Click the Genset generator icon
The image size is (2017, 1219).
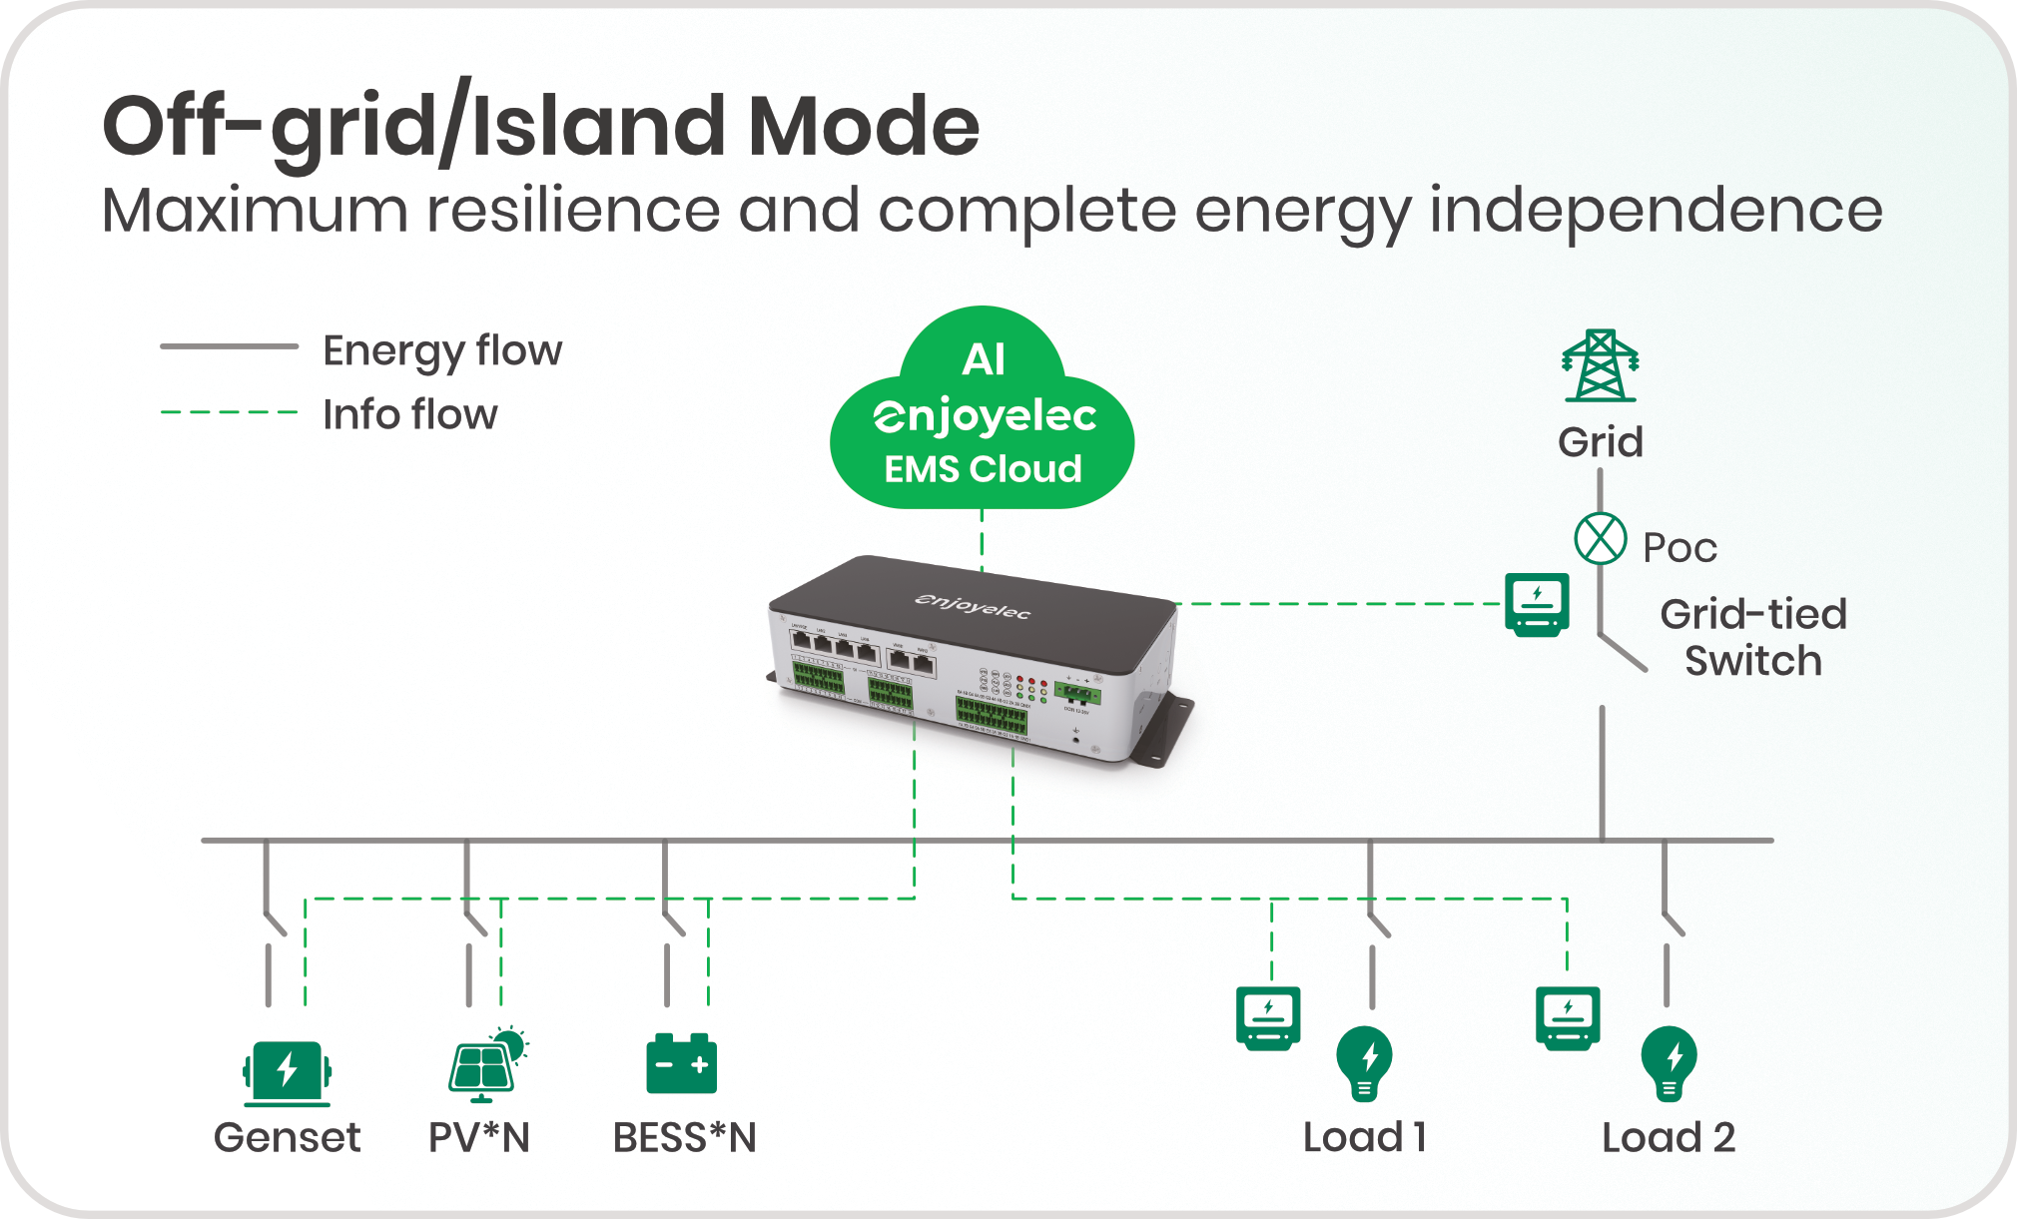[x=287, y=1072]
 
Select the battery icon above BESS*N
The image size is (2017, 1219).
[x=682, y=1064]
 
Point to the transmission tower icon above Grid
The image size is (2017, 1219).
[x=1601, y=366]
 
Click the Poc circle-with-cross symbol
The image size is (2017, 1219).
[x=1601, y=539]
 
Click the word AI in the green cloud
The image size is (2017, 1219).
[x=984, y=360]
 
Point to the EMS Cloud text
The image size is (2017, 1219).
[x=984, y=469]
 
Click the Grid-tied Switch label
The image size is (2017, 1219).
[x=1753, y=637]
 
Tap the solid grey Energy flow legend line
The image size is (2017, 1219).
[x=230, y=347]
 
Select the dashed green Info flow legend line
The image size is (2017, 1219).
[x=230, y=411]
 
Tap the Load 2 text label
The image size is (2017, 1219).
[x=1669, y=1138]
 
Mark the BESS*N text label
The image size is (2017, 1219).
[x=685, y=1138]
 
